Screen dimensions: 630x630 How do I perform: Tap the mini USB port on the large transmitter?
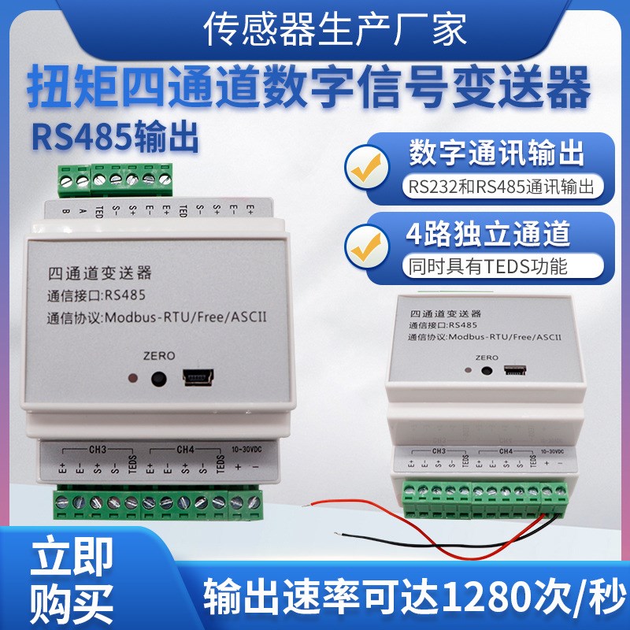pos(197,378)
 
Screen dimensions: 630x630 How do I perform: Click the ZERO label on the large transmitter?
pos(161,355)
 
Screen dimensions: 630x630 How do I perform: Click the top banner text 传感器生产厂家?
pos(315,30)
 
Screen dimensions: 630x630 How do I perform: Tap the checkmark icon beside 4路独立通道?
pos(368,245)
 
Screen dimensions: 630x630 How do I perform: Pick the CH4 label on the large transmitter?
pos(185,450)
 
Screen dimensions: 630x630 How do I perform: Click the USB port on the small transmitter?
pos(515,368)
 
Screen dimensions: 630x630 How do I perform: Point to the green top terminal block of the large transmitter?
pos(116,180)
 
